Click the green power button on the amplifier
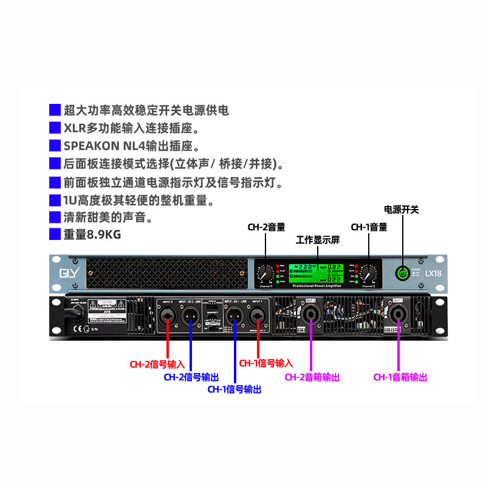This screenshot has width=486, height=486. (402, 274)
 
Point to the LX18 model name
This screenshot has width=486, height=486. (433, 273)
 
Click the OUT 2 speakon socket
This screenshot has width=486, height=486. (311, 315)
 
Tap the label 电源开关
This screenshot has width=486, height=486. (401, 210)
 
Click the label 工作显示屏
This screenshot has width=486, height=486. (317, 241)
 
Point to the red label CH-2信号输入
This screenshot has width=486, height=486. (157, 364)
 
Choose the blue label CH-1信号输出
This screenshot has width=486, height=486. (234, 389)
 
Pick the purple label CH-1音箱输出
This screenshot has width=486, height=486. (400, 377)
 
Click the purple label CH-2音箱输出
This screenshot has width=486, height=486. (312, 377)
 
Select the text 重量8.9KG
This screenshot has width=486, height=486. (97, 233)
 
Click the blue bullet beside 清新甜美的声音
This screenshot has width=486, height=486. (55, 216)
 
